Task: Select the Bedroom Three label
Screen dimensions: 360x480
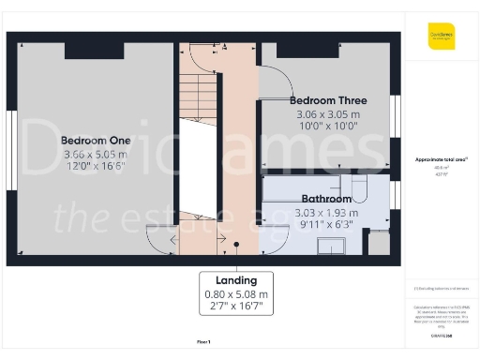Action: (327, 100)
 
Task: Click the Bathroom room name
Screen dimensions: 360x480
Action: (326, 199)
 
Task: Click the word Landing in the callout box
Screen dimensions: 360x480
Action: (236, 280)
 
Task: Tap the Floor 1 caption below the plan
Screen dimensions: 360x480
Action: (203, 341)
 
